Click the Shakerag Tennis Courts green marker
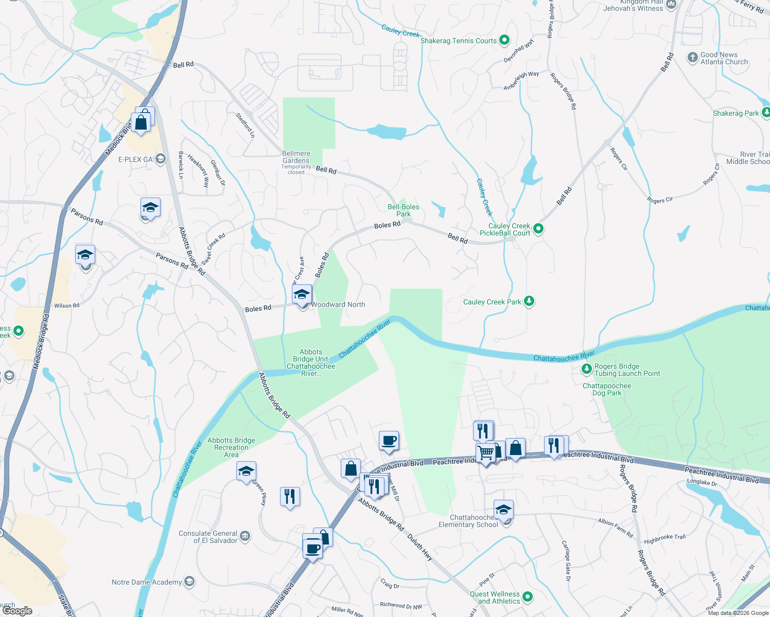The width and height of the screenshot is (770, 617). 504,40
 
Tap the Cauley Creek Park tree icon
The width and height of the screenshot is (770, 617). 529,301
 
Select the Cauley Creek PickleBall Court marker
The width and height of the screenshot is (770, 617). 538,229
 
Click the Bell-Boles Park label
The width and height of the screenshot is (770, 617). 404,210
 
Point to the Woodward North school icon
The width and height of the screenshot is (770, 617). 302,295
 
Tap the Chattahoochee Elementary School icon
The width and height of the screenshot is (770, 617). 503,510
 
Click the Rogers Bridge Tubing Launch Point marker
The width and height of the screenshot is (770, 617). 586,369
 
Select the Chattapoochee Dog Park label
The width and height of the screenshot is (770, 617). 606,390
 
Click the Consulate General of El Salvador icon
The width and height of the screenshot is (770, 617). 245,536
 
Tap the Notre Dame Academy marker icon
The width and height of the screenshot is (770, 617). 189,582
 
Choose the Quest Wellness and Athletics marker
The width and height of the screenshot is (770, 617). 528,597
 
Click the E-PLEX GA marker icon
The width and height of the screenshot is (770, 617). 161,159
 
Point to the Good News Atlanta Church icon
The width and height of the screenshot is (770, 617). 693,58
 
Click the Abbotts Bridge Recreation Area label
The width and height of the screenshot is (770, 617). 231,447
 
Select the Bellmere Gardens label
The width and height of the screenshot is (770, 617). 296,157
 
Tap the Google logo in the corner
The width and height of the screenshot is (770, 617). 17,611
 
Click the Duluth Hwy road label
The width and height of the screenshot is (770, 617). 420,547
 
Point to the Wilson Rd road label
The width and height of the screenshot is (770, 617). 67,305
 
